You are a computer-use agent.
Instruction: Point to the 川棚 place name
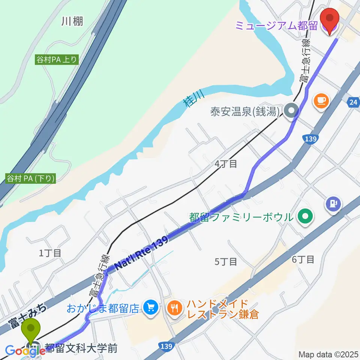tap(72, 21)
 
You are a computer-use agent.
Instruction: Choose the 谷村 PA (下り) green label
tap(31, 178)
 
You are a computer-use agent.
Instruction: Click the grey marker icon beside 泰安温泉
tap(291, 111)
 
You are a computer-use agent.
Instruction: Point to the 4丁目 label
tap(226, 163)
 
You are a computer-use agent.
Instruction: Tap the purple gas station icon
tap(333, 204)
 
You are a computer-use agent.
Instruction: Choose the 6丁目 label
tap(303, 259)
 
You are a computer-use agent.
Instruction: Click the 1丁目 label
tap(50, 253)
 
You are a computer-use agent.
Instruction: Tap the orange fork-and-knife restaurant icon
tap(174, 308)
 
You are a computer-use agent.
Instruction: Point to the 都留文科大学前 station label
tap(81, 348)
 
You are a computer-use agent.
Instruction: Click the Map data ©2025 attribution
tap(328, 354)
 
